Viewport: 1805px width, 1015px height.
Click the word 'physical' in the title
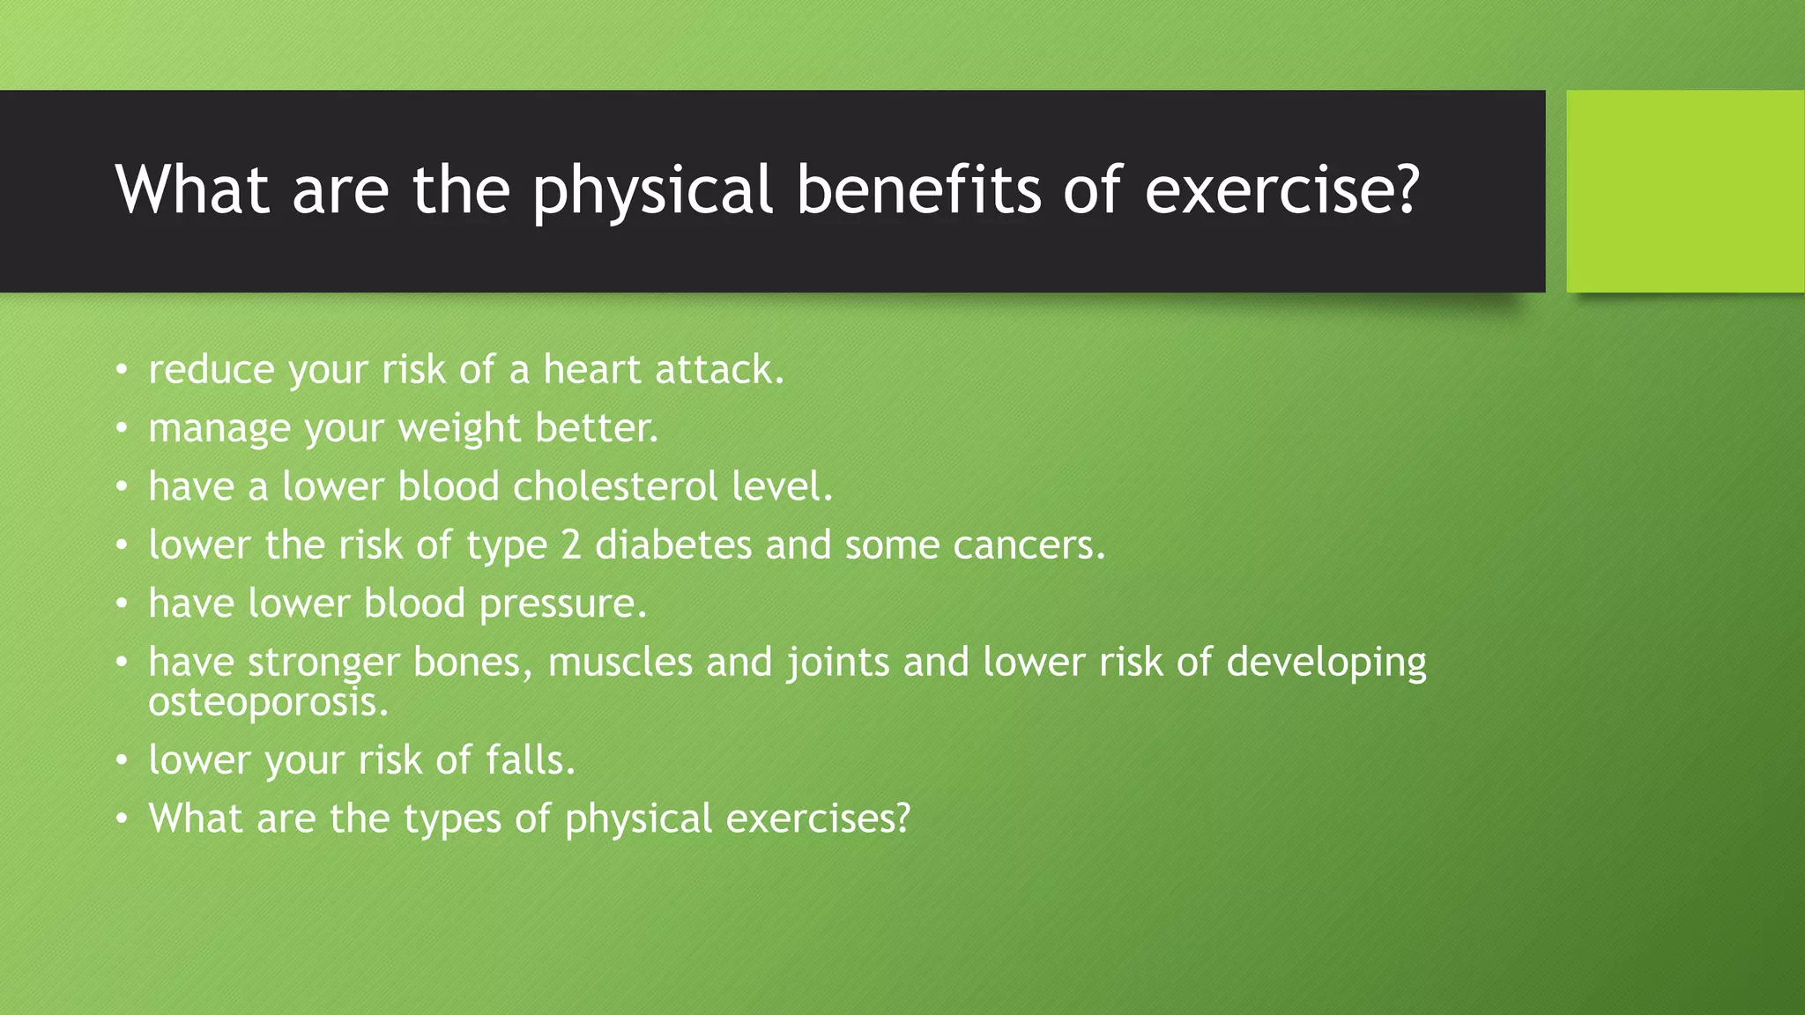(x=652, y=190)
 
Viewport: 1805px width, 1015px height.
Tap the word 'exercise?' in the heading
(x=1282, y=190)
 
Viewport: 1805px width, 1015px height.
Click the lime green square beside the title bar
(x=1684, y=191)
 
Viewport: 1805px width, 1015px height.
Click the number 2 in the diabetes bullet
(x=571, y=545)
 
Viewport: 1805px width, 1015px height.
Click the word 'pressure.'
(x=563, y=604)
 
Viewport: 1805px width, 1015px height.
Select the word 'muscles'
(x=620, y=662)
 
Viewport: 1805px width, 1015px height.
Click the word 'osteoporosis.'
(x=268, y=703)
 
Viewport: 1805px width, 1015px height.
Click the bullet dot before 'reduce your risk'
(x=122, y=370)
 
